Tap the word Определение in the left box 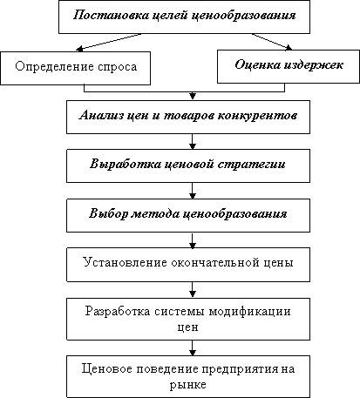point(54,67)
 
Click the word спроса point(118,68)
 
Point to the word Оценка point(256,65)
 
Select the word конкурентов point(257,116)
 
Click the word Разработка point(118,312)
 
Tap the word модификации point(250,312)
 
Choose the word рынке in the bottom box point(188,385)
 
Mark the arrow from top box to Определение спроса point(108,42)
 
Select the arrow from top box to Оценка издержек point(272,42)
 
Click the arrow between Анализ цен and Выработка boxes point(193,141)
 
